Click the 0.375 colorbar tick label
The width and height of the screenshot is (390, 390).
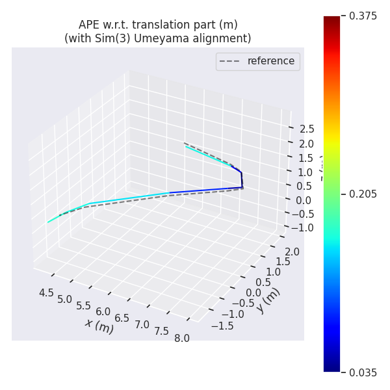point(363,16)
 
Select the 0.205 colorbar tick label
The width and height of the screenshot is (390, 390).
point(363,194)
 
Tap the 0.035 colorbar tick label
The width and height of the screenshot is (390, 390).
point(363,372)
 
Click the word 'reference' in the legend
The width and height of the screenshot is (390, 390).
point(270,61)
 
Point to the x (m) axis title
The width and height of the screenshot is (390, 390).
point(99,326)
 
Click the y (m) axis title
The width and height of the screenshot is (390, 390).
point(268,300)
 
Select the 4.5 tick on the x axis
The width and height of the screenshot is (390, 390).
point(46,293)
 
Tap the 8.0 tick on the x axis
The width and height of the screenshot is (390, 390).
point(181,338)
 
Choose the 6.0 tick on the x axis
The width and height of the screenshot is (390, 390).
point(103,312)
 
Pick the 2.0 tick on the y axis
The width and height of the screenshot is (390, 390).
point(292,252)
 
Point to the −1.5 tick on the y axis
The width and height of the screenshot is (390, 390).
point(222,326)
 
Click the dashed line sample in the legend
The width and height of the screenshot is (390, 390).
point(231,62)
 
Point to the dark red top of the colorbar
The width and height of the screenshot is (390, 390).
point(331,20)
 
